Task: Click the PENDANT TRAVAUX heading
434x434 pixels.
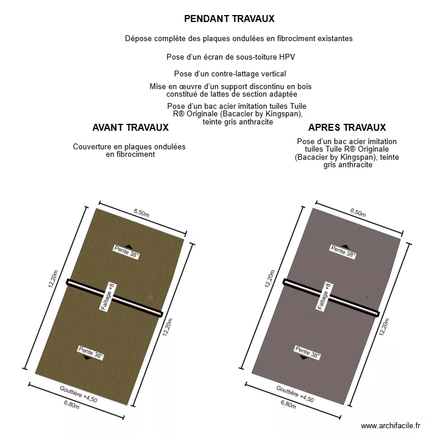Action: (x=229, y=19)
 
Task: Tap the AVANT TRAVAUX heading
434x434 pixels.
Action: (x=130, y=127)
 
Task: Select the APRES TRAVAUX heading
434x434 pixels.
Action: (x=347, y=127)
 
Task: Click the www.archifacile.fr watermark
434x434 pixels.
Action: (x=391, y=426)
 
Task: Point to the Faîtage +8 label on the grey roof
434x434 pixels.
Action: (x=324, y=297)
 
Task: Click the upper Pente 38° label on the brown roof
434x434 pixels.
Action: (x=127, y=252)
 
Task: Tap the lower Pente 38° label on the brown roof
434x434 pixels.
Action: (x=91, y=352)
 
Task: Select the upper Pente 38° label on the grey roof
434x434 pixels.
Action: (x=343, y=251)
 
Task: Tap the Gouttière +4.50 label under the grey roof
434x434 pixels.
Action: (x=295, y=394)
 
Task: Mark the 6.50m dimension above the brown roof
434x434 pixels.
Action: (x=142, y=212)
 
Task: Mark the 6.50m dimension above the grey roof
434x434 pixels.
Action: (x=358, y=212)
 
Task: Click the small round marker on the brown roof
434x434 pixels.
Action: (x=150, y=297)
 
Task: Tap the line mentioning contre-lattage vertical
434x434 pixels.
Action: (x=230, y=74)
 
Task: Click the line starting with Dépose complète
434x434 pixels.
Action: (x=238, y=39)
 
